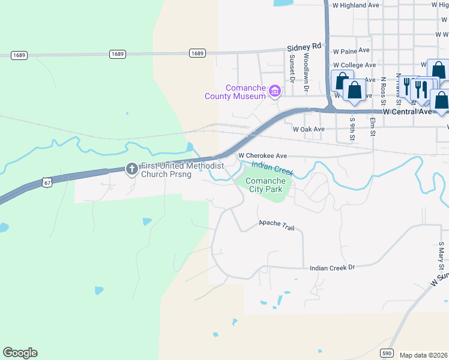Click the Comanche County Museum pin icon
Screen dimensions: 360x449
pyautogui.click(x=275, y=91)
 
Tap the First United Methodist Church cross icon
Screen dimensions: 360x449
pyautogui.click(x=132, y=170)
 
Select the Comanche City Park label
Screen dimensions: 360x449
pyautogui.click(x=265, y=185)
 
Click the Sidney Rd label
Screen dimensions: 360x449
pyautogui.click(x=304, y=47)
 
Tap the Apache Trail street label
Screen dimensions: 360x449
pyautogui.click(x=278, y=224)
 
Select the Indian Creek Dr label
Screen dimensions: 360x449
pyautogui.click(x=333, y=268)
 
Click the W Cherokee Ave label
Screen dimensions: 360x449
pyautogui.click(x=262, y=155)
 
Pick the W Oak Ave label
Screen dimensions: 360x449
pyautogui.click(x=309, y=129)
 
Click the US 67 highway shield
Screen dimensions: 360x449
pyautogui.click(x=47, y=182)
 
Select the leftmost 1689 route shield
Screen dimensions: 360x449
pyautogui.click(x=19, y=55)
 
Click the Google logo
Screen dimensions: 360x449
pyautogui.click(x=20, y=353)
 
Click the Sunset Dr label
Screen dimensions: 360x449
pyautogui.click(x=292, y=68)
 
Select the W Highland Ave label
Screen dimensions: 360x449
pyautogui.click(x=356, y=5)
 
